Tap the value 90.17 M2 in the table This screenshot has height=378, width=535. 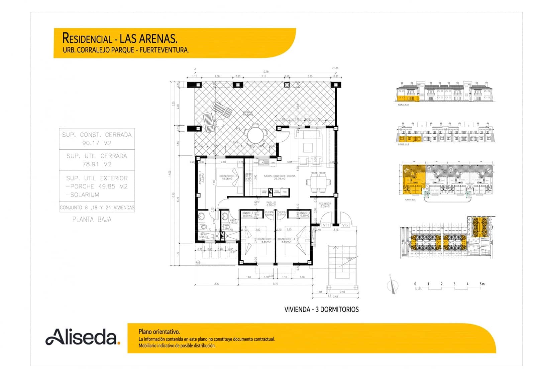click(x=97, y=143)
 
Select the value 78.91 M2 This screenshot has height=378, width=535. click(x=97, y=164)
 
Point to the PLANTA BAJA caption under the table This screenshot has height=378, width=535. click(x=92, y=220)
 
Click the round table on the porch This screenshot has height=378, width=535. click(x=256, y=136)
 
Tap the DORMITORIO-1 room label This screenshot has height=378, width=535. click(x=228, y=176)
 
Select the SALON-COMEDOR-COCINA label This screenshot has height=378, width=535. click(x=280, y=176)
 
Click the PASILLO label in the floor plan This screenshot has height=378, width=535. click(x=271, y=203)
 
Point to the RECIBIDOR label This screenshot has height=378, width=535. click(x=325, y=204)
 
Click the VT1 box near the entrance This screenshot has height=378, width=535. click(x=326, y=225)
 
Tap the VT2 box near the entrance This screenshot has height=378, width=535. click(x=345, y=225)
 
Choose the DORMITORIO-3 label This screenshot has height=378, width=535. click(x=286, y=239)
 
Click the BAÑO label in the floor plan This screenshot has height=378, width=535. click(x=204, y=235)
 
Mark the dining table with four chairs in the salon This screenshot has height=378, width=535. click(x=316, y=182)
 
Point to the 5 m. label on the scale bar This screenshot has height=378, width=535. click(x=482, y=284)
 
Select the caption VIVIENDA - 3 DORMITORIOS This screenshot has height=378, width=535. click(x=321, y=309)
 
